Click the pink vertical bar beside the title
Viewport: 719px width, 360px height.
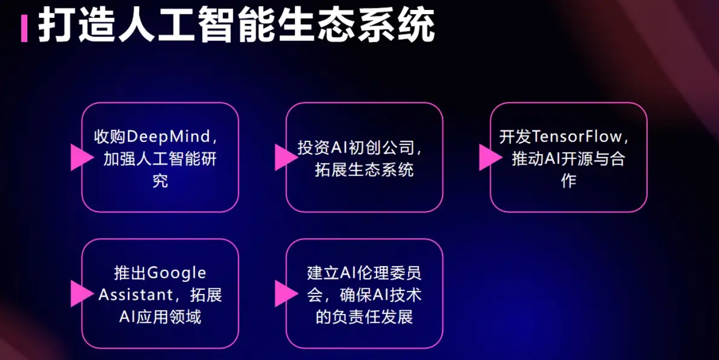24,28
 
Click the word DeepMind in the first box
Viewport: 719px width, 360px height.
169,137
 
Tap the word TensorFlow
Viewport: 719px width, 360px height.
577,137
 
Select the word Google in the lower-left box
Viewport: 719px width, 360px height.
177,274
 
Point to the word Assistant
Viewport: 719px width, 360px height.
136,295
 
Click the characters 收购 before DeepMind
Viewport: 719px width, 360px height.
110,137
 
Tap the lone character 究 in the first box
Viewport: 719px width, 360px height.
160,181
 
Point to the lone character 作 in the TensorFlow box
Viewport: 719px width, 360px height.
569,181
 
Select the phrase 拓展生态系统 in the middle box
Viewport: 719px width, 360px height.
364,170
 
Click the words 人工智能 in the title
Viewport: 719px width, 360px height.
196,25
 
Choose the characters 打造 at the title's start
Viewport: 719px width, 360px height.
76,25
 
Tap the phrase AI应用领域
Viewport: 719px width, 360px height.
160,317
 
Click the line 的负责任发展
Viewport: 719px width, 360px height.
364,317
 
